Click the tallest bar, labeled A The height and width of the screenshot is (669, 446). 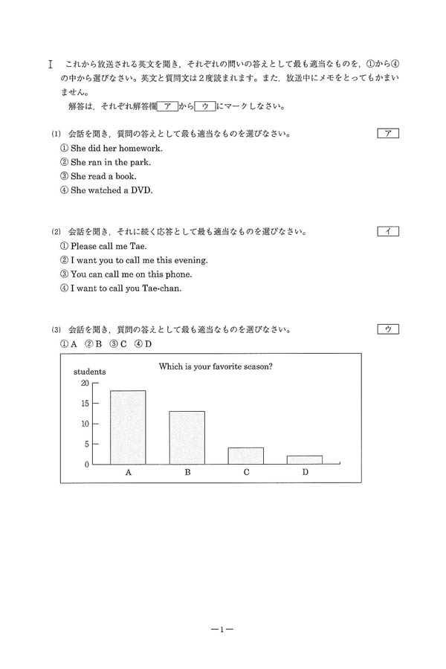(128, 427)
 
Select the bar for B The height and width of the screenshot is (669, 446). (187, 438)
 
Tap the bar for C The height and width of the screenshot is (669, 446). (246, 456)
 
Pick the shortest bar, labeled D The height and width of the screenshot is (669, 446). (305, 460)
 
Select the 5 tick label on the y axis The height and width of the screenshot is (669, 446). (86, 445)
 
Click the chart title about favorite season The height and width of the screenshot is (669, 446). (216, 366)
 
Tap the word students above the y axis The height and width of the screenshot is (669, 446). (89, 371)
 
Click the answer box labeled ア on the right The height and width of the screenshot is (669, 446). (388, 134)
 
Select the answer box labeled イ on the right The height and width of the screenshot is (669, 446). (388, 231)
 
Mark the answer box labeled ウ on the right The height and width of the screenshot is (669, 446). (388, 329)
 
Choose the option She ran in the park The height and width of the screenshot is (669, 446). (110, 162)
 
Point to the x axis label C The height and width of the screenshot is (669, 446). (246, 473)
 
